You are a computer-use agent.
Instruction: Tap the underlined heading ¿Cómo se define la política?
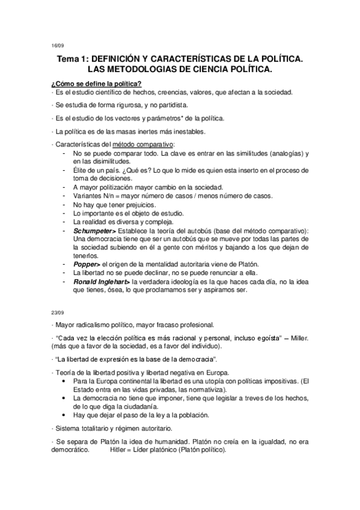[96, 83]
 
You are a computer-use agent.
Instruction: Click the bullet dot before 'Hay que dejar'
[64, 415]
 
